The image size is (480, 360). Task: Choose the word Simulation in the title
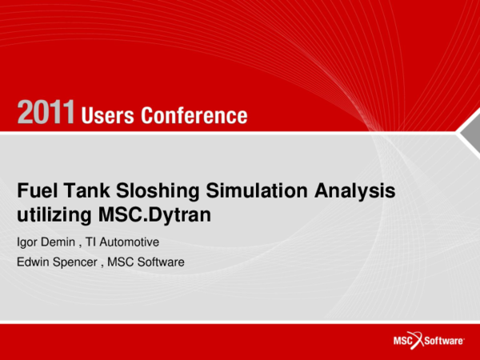pyautogui.click(x=234, y=191)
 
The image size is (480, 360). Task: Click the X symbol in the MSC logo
pyautogui.click(x=419, y=340)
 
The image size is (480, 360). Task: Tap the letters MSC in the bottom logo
pyautogui.click(x=402, y=341)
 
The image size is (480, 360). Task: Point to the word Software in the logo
pyautogui.click(x=445, y=341)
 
